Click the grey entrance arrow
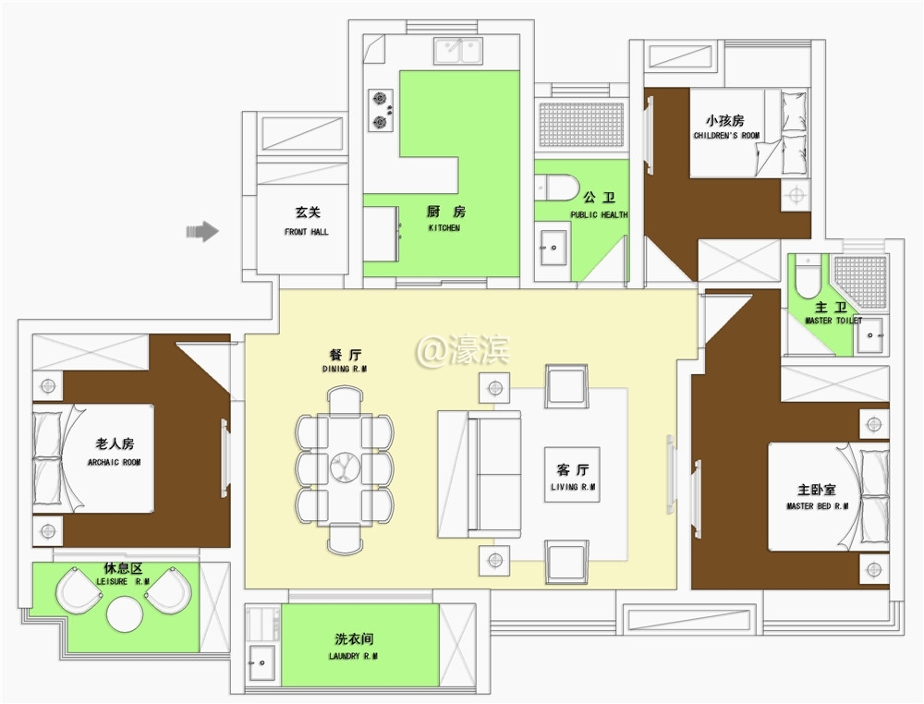tap(202, 231)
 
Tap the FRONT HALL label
tap(307, 232)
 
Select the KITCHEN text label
tap(444, 228)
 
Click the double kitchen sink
tap(458, 51)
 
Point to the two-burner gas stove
tap(381, 110)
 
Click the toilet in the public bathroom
tap(557, 188)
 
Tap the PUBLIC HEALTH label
tap(600, 215)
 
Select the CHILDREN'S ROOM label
tap(726, 136)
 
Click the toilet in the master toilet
tap(808, 277)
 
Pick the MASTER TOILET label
tap(833, 321)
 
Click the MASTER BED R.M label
tap(818, 506)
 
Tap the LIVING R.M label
tap(573, 487)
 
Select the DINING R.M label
tap(345, 369)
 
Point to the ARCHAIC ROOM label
tap(115, 463)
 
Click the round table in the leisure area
tap(125, 614)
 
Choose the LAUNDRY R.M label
tap(353, 656)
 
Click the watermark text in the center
tap(462, 351)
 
